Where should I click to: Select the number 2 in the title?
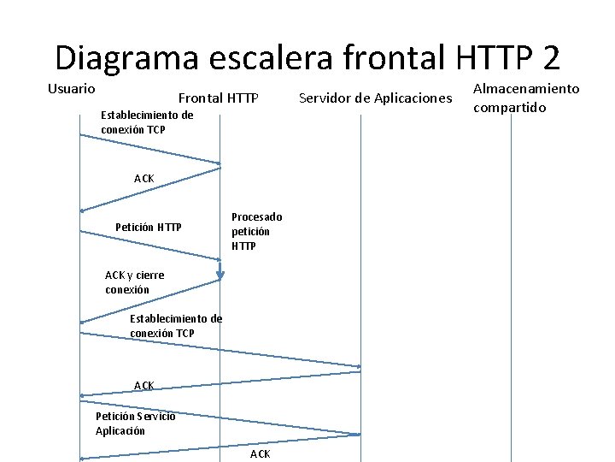(550, 58)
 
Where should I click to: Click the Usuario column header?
(71, 88)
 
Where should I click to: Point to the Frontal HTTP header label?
(218, 98)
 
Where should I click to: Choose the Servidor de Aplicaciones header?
(376, 98)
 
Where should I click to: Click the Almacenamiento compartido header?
(525, 98)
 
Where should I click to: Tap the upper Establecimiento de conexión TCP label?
(147, 121)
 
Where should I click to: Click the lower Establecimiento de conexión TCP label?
(175, 325)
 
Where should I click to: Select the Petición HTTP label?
(148, 227)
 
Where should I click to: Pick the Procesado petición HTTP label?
(256, 231)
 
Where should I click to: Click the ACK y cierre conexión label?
(134, 282)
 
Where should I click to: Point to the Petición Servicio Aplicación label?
(135, 423)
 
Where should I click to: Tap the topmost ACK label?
(143, 178)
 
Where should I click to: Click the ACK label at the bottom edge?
(260, 453)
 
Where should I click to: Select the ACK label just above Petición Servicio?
(143, 386)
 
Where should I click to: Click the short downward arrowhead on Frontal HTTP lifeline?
(220, 274)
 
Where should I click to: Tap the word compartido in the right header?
(509, 108)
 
